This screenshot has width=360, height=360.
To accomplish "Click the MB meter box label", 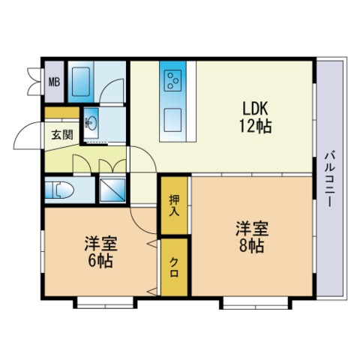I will pos(55,82).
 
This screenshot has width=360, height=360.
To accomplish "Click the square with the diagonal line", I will pos(113,190).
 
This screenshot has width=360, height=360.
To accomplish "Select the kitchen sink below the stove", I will pos(174,119).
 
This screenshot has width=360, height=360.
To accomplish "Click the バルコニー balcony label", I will pos(329,180).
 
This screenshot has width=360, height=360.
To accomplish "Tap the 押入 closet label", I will pos(173,204).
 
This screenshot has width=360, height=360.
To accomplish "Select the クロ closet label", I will pos(173,267).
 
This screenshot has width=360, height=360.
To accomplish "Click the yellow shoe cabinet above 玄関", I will pos(61,113).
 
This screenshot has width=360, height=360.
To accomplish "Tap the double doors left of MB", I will pos(34,81).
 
